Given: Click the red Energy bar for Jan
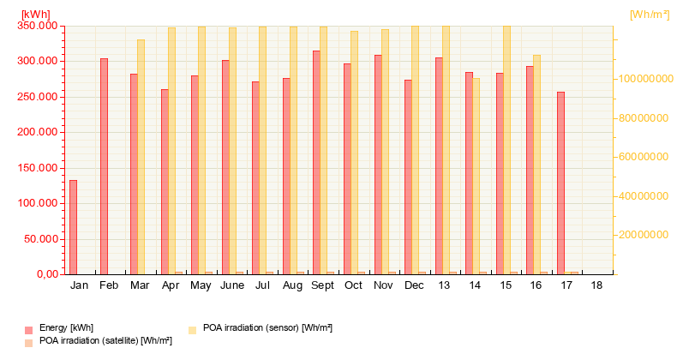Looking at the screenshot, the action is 74,227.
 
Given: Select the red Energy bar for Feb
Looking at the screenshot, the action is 104,166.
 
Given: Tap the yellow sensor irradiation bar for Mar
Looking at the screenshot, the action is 141,157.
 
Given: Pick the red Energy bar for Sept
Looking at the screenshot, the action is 316,162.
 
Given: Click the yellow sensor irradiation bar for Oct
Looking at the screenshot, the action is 354,153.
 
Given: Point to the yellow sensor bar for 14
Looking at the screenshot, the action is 476,176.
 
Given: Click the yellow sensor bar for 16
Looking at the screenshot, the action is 536,165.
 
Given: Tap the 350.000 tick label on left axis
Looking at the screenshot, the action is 38,26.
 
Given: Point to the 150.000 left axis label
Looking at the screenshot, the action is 38,167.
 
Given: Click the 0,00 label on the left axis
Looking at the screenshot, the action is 47,274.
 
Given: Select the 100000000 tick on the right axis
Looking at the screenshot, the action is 645,79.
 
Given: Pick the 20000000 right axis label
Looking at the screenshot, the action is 644,234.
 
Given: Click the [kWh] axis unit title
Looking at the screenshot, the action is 36,15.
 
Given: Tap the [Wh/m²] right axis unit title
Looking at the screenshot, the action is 650,15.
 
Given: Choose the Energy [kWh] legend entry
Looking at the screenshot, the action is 59,328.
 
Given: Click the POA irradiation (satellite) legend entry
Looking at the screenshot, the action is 99,341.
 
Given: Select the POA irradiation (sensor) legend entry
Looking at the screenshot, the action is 261,328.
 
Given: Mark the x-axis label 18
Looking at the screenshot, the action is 596,285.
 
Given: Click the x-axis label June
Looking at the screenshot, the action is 232,285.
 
